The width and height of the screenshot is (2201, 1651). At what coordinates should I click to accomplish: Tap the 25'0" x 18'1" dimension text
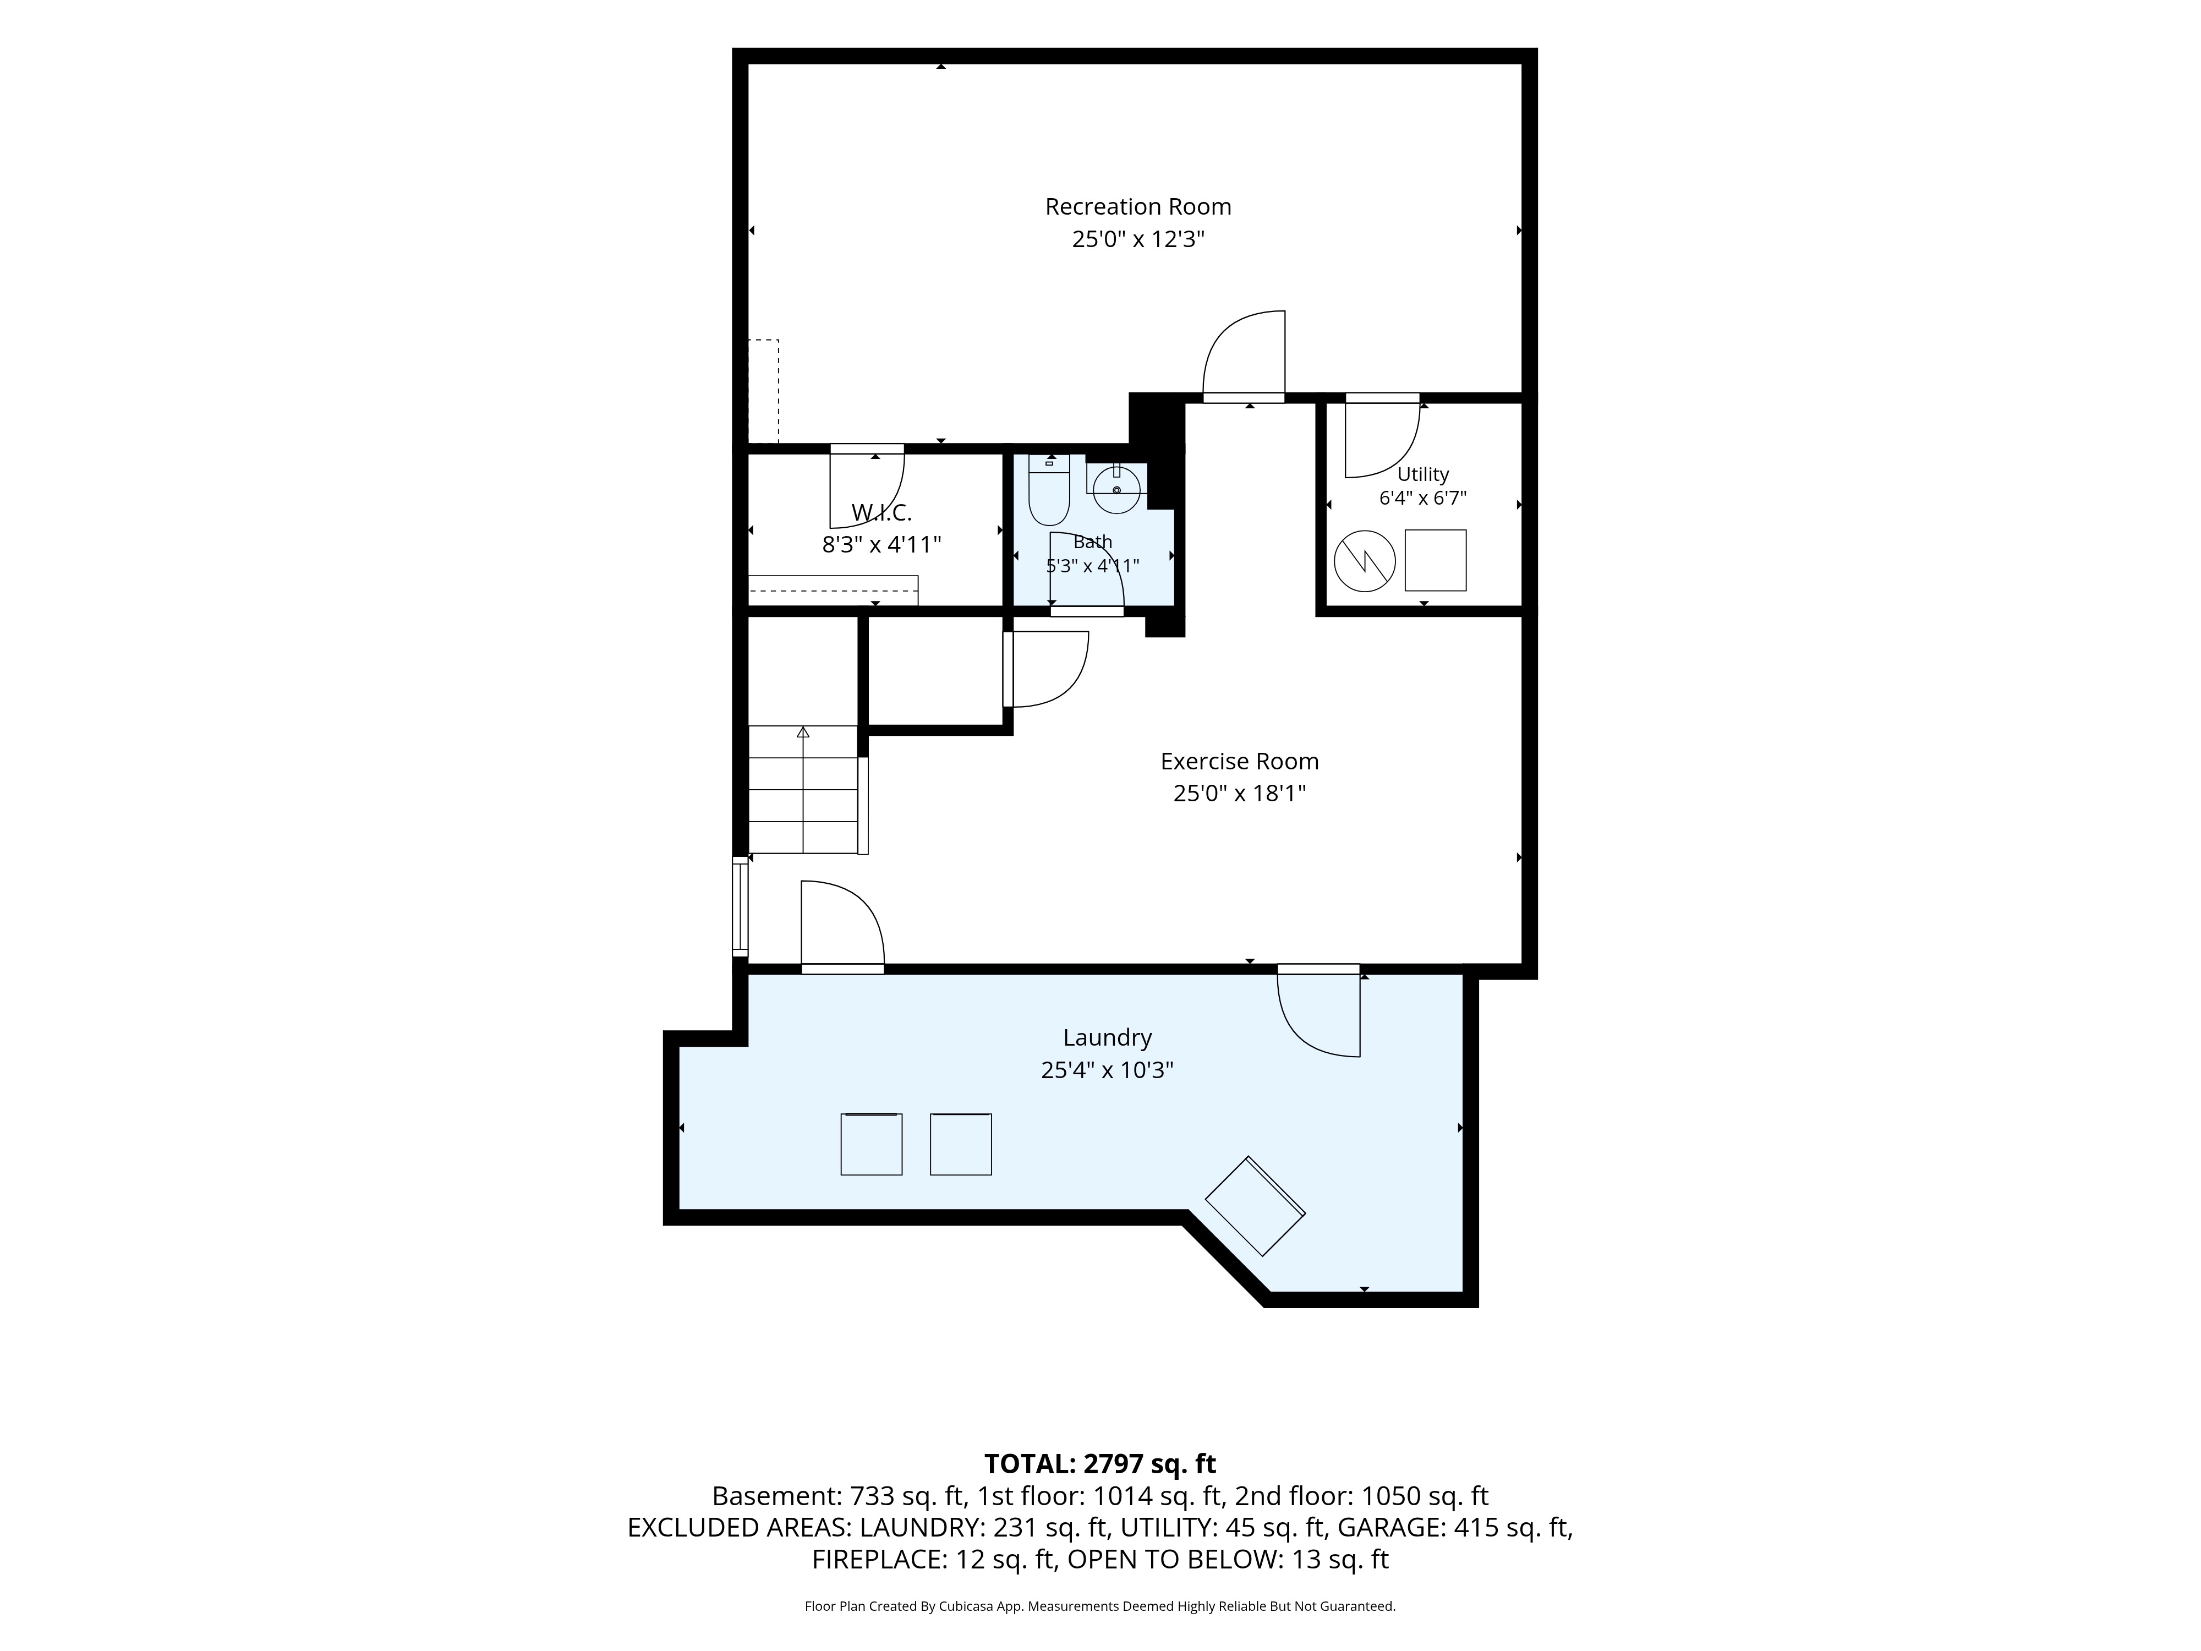[x=1239, y=793]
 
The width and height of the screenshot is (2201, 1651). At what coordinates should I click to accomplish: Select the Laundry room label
[x=1108, y=1038]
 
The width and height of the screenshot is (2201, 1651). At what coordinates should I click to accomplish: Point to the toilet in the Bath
[x=1049, y=490]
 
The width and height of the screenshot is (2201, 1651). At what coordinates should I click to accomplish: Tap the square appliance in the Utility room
[x=1436, y=560]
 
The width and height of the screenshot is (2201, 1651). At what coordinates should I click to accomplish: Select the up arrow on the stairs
[x=803, y=732]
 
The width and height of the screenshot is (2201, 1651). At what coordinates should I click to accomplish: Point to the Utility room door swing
[x=1382, y=438]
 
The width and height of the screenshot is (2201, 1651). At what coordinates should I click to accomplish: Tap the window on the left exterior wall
[x=740, y=906]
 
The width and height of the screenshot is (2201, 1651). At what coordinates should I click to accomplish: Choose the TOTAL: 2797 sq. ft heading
[x=1100, y=1464]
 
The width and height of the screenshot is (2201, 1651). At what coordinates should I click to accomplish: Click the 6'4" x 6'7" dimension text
[x=1423, y=498]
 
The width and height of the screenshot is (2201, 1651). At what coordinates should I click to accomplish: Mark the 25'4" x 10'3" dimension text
[x=1108, y=1070]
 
